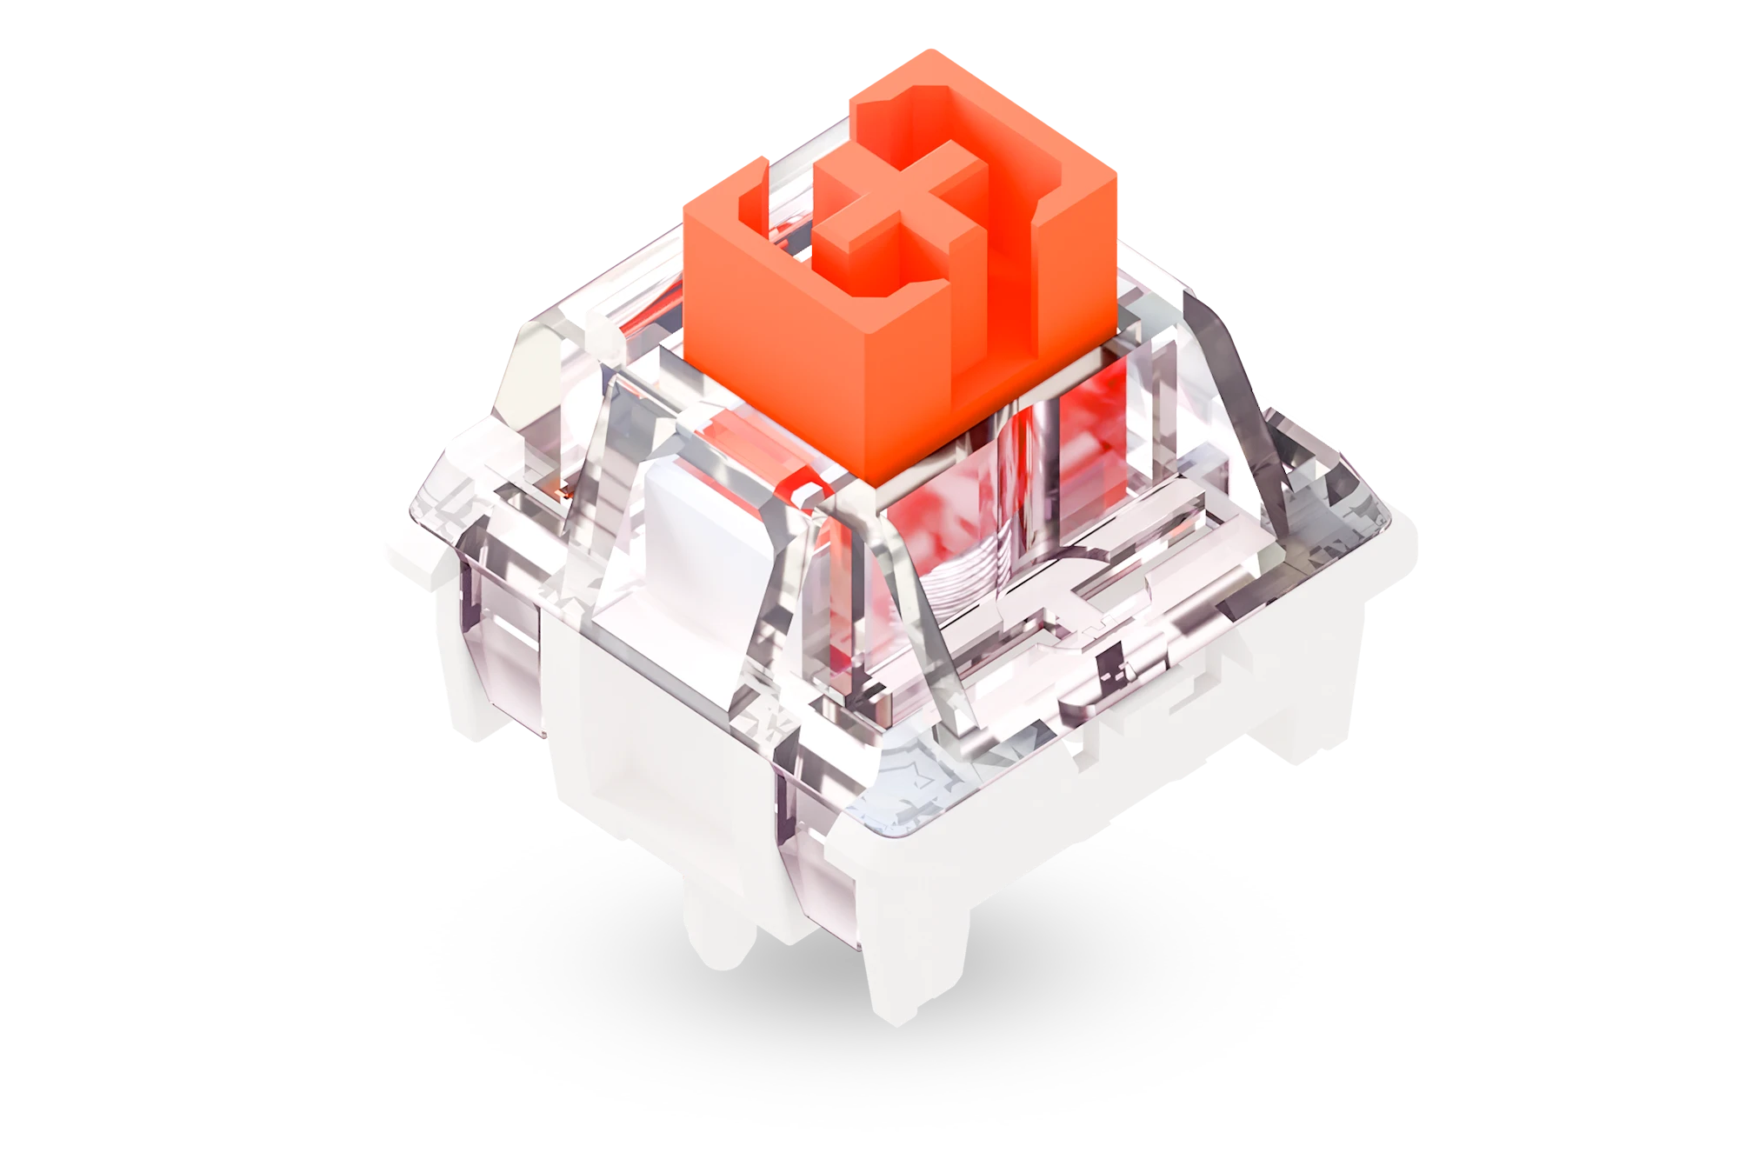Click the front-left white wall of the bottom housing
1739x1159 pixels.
click(x=661, y=783)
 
